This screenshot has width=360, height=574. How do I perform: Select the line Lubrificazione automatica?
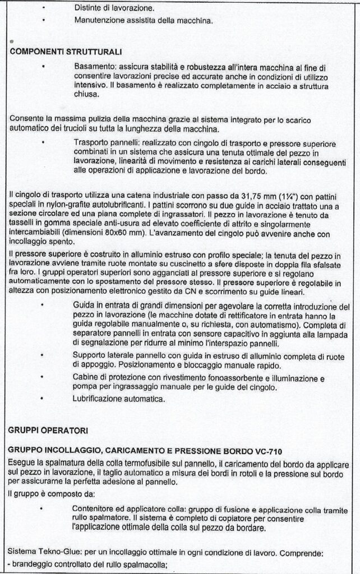click(x=119, y=399)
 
